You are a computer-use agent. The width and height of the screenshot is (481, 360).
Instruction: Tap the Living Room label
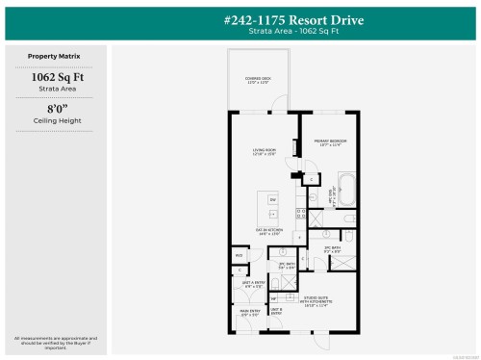click(x=265, y=152)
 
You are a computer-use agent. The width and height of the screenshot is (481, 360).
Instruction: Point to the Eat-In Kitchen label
click(x=266, y=230)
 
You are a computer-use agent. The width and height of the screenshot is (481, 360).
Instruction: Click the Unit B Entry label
click(x=276, y=311)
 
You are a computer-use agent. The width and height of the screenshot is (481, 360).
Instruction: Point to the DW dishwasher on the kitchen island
click(x=273, y=199)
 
